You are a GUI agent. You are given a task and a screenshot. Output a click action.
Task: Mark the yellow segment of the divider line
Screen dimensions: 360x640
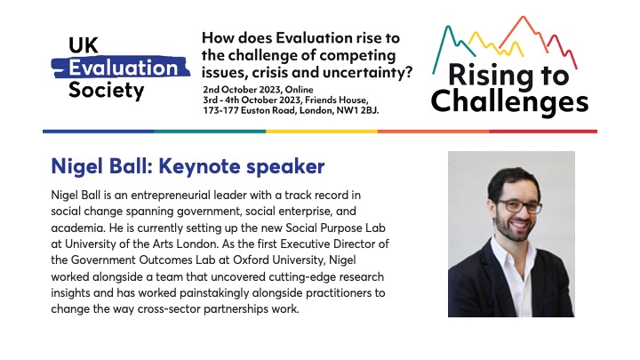320,131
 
